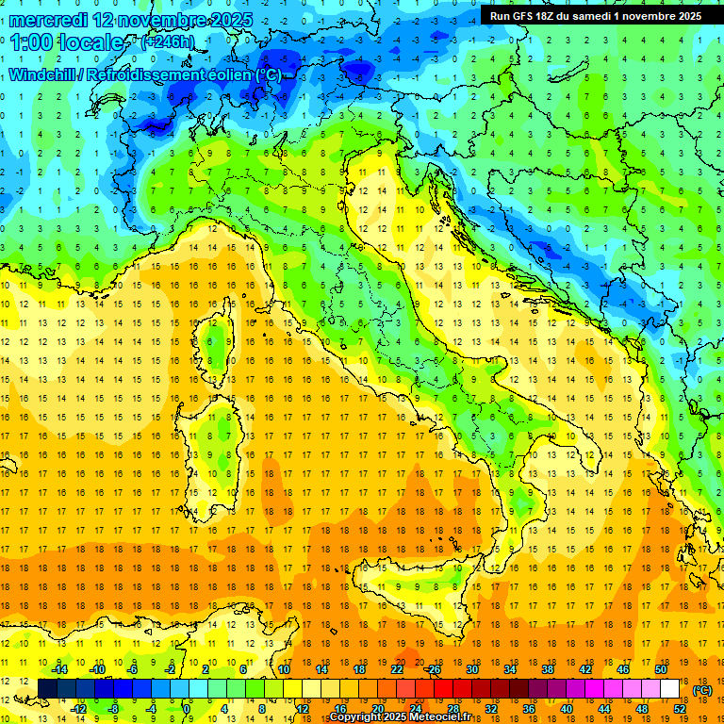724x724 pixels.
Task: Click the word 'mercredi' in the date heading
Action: pos(47,19)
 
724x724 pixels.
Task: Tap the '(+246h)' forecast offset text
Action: pos(167,42)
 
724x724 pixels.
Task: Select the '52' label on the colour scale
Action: pos(680,709)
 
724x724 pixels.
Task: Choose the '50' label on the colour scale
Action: pos(661,669)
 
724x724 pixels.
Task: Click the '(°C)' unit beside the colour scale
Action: pos(702,690)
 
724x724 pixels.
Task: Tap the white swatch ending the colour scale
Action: pos(670,689)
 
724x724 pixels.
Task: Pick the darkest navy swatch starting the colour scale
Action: pos(47,689)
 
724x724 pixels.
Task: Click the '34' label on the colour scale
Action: pos(510,669)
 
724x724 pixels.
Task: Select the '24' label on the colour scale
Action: pos(415,709)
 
